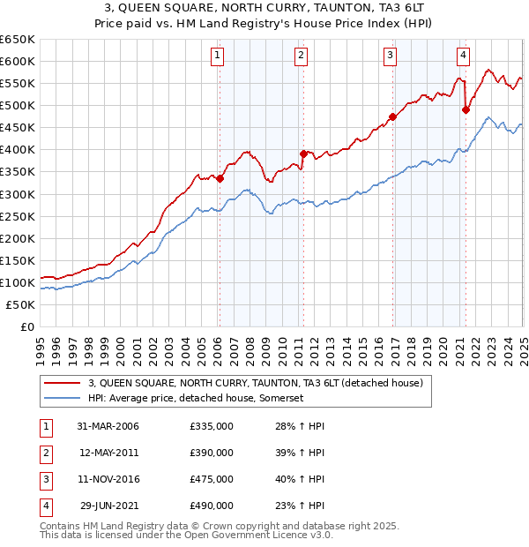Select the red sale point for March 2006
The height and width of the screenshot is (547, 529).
220,178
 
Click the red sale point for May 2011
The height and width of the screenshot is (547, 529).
302,154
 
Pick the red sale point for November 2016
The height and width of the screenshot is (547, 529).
392,116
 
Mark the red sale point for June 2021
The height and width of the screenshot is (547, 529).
466,109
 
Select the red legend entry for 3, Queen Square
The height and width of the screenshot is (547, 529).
256,383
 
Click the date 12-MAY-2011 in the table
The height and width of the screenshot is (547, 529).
109,453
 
